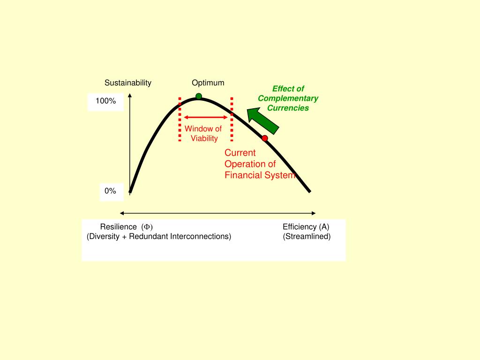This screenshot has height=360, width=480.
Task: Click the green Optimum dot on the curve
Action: click(199, 97)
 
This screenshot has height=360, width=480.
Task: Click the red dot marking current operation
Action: click(265, 138)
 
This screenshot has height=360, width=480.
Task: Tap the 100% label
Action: click(105, 101)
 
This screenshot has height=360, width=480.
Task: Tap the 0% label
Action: click(110, 191)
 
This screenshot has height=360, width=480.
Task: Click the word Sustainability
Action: click(128, 83)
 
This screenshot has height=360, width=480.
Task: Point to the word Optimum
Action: click(208, 83)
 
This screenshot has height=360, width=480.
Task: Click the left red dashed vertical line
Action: click(180, 119)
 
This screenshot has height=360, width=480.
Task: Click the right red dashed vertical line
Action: click(232, 119)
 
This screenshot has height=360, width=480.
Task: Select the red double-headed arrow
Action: click(205, 117)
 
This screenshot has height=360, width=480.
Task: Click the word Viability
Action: click(204, 138)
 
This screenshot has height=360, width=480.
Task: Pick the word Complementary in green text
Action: click(288, 98)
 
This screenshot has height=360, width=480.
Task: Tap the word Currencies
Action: click(288, 108)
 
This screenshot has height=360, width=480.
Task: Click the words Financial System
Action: click(260, 175)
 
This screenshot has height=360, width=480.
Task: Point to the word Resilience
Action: click(119, 227)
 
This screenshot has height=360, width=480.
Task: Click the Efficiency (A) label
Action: click(306, 227)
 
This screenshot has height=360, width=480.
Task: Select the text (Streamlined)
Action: click(307, 236)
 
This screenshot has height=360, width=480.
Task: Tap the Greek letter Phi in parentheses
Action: click(147, 227)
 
